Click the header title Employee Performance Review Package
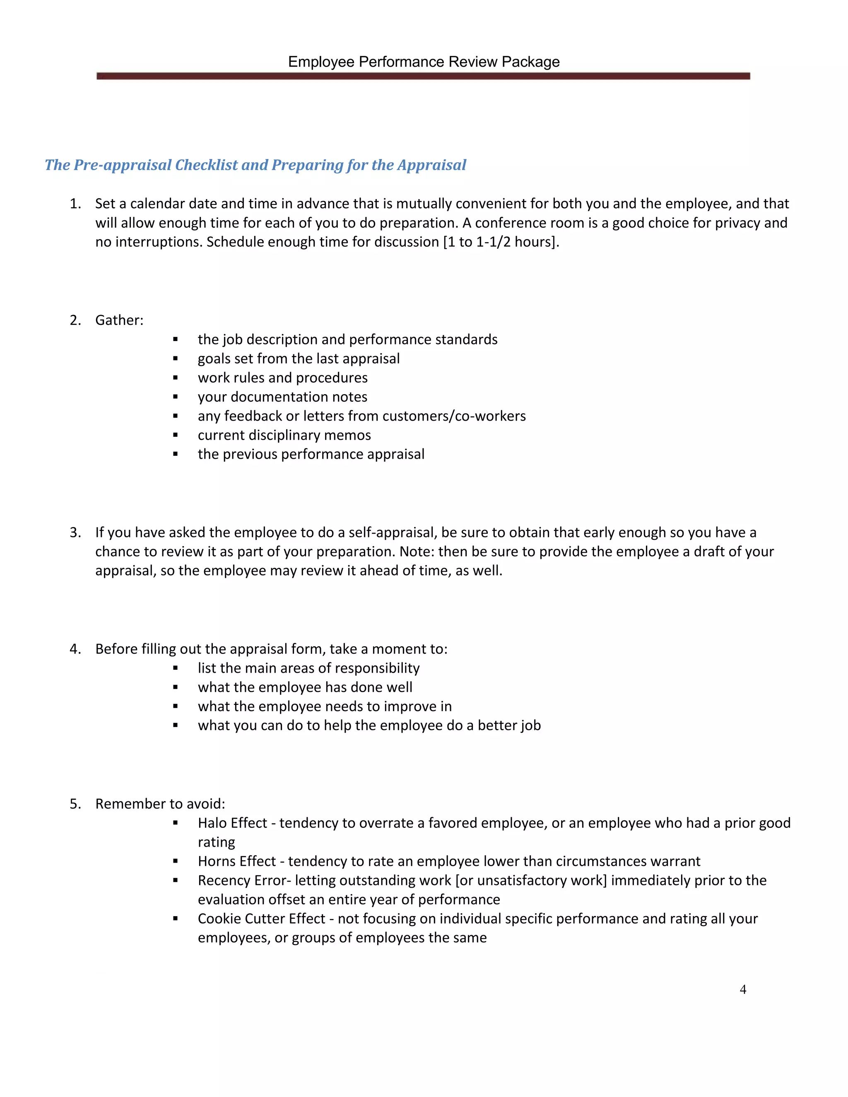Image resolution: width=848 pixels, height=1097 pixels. point(424,62)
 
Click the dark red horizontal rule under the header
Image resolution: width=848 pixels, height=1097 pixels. point(424,76)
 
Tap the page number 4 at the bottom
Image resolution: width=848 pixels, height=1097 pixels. point(743,989)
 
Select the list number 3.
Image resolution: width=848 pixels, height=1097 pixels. point(75,532)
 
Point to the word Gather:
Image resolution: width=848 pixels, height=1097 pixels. point(119,320)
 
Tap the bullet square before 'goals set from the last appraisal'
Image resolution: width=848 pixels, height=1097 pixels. point(175,358)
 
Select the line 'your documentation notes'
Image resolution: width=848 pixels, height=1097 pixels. point(282,397)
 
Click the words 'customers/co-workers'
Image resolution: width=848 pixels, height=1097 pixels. point(454,416)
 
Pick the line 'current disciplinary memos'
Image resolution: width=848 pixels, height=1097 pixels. point(284,435)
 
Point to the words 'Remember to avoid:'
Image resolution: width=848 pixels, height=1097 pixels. point(160,804)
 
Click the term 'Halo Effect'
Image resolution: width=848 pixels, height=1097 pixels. point(232,823)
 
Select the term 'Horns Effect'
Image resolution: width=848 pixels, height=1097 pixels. point(236,861)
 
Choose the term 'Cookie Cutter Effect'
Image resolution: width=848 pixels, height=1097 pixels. point(261,918)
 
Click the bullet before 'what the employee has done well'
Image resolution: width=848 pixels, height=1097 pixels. point(175,687)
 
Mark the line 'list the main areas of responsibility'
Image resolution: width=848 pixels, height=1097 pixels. point(308,668)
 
